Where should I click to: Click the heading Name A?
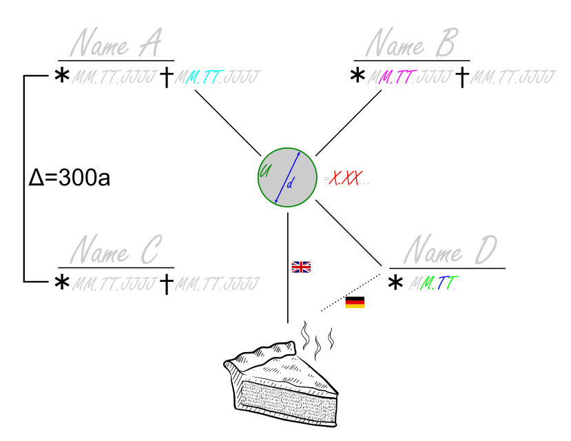(x=116, y=45)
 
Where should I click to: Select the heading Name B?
(x=411, y=45)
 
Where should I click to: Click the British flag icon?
(x=301, y=267)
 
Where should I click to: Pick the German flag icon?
(x=355, y=302)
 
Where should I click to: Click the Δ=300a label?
(x=70, y=178)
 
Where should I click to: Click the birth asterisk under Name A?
(x=62, y=77)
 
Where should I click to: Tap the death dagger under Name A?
(x=166, y=77)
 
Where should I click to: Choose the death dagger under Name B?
(x=462, y=77)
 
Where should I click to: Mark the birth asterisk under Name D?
(x=396, y=283)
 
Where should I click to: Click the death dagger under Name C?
(x=166, y=283)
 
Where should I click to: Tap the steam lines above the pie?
(x=318, y=340)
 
